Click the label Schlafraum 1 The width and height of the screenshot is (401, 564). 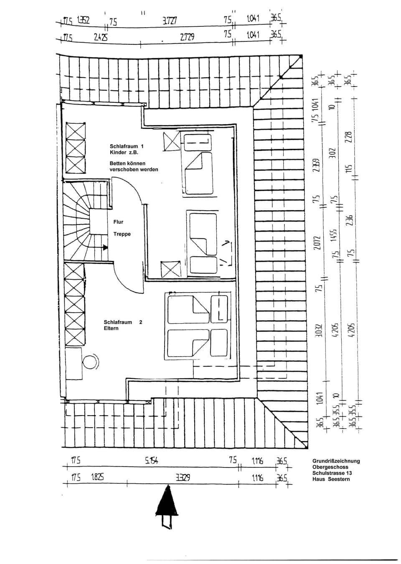126,146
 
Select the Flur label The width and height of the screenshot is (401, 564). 118,222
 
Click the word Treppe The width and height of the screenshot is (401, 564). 122,234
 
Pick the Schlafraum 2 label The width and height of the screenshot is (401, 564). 123,322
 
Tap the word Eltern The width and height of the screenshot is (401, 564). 111,328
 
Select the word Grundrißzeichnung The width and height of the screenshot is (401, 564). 336,461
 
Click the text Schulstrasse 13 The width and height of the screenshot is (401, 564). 332,473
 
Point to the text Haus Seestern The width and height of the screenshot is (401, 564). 331,479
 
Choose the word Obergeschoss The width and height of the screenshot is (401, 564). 330,467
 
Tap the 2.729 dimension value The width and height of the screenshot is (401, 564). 187,37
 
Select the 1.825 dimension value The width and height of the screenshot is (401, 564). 97,477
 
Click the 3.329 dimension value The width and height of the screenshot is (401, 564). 183,477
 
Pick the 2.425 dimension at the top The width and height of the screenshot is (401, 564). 100,37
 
